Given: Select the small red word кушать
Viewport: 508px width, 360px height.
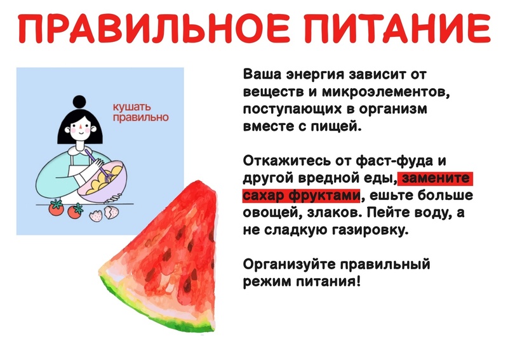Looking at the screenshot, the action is click(x=131, y=107).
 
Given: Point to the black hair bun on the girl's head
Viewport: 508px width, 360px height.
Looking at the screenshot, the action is click(x=79, y=102).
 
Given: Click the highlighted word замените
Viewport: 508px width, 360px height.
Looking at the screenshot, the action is click(x=436, y=178).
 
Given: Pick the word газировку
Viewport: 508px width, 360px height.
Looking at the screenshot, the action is click(x=370, y=230).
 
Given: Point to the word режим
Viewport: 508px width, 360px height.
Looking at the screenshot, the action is click(x=267, y=281).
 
